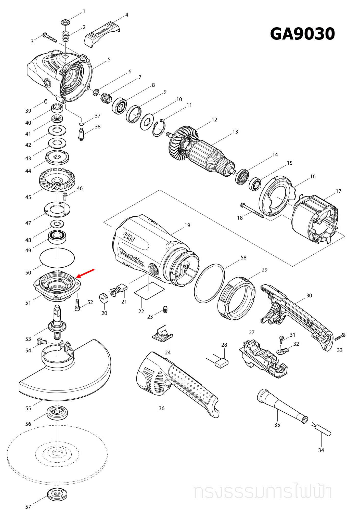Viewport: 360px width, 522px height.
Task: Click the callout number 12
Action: click(214, 120)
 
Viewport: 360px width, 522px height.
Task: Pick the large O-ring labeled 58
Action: click(209, 283)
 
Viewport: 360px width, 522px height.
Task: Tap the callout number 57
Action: click(28, 507)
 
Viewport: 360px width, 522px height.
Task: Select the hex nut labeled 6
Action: click(96, 92)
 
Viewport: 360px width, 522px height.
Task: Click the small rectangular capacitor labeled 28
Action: click(222, 363)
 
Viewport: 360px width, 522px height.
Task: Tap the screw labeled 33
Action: click(340, 337)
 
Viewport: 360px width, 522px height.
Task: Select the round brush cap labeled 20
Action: click(104, 298)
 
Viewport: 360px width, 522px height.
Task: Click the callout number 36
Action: click(162, 408)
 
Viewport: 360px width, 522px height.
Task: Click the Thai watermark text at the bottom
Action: click(263, 492)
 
